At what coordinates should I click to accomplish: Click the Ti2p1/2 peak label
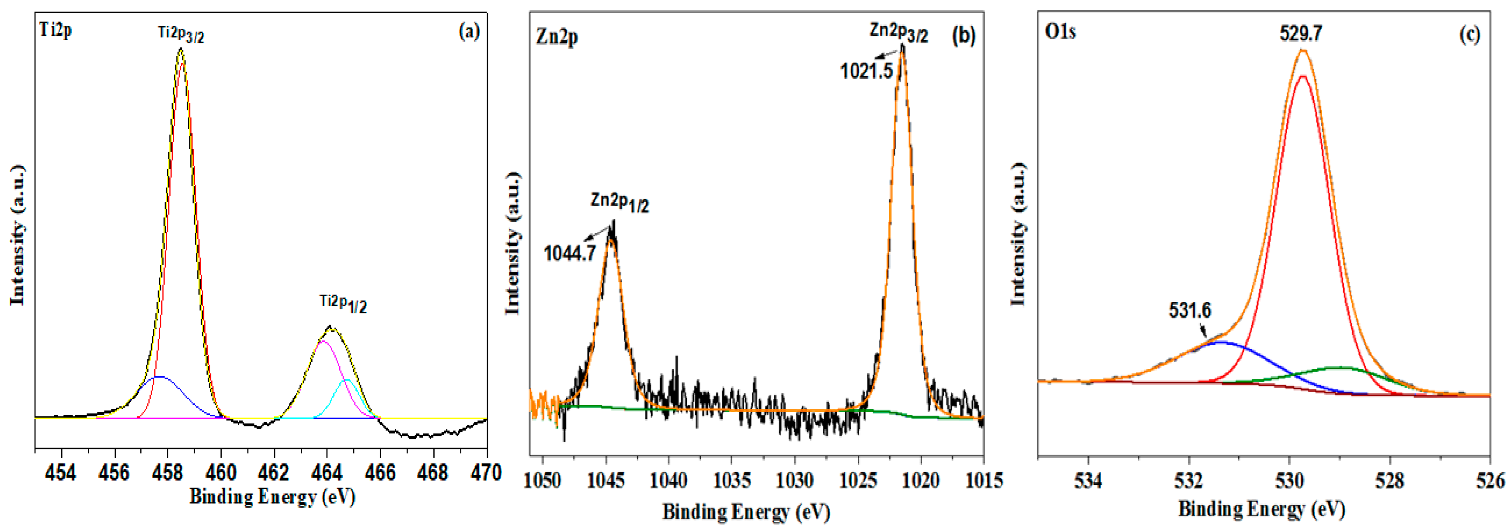coord(343,304)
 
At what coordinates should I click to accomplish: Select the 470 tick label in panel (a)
coord(486,473)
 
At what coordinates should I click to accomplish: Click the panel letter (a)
coord(469,31)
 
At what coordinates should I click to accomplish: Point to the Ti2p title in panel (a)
coord(56,29)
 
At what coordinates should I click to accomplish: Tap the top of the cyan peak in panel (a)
coord(347,380)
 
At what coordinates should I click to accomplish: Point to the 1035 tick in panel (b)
coord(731,480)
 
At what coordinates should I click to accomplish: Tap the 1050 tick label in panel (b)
coord(543,480)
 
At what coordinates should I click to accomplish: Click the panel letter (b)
coord(963,36)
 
